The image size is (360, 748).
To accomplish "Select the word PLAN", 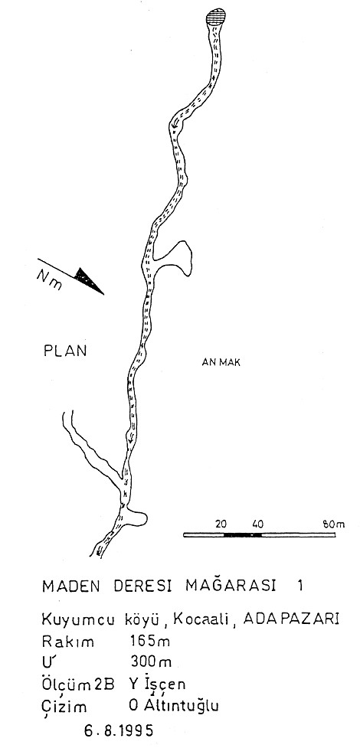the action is point(65,351).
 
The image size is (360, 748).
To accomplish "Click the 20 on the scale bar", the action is point(221,524).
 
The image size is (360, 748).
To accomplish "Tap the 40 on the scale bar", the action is point(257,524).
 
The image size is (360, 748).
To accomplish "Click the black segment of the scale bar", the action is point(242,534).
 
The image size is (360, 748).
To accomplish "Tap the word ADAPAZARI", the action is point(291,619).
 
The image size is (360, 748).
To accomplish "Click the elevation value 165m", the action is point(150,641).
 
